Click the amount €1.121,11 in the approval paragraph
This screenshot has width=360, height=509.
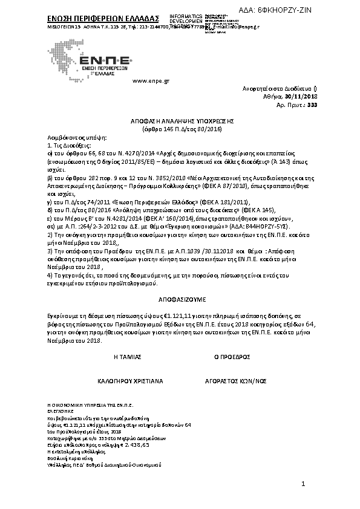point(154,316)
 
